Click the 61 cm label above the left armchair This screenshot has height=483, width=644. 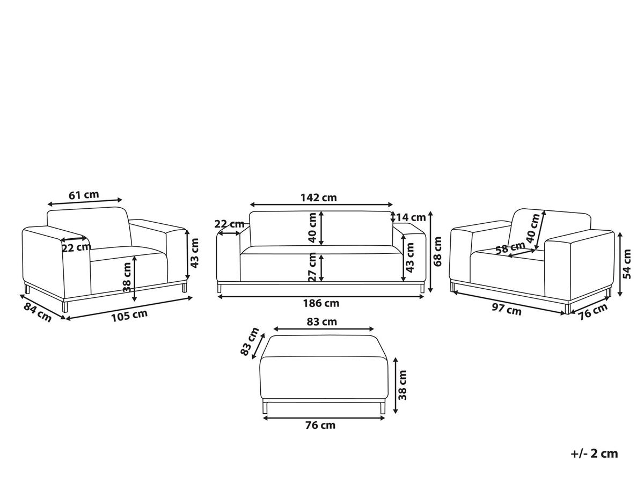pos(84,194)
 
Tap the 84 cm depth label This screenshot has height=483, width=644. pos(37,312)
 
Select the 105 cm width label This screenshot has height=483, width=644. pos(129,316)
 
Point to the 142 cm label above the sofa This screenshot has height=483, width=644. pos(319,197)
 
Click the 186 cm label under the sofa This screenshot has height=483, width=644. pos(321,303)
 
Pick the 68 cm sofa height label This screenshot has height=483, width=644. pos(437,251)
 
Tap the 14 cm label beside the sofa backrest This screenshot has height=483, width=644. pos(411,217)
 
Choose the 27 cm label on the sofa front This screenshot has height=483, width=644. pos(312,267)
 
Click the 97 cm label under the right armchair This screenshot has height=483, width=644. pos(507,310)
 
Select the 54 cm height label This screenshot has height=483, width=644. pos(627,264)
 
